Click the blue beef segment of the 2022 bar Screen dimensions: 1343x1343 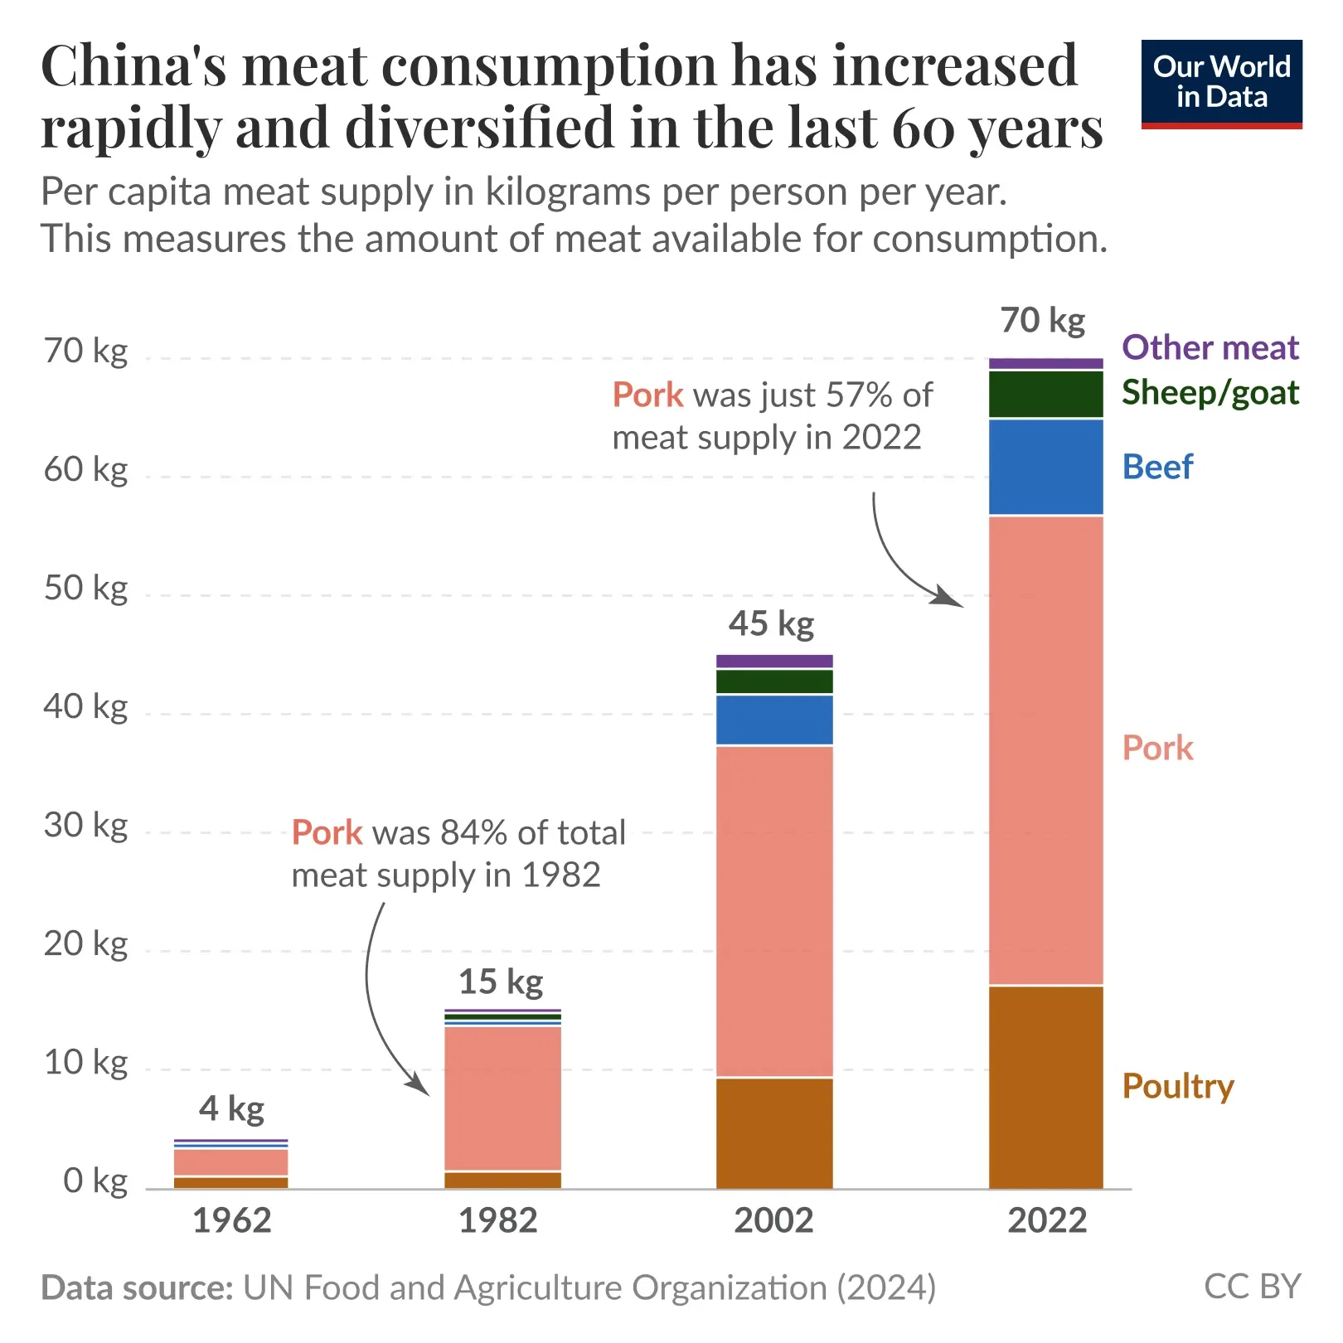[1045, 467]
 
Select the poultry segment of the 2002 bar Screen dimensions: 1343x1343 [773, 1132]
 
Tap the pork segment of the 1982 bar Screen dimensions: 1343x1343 [502, 1098]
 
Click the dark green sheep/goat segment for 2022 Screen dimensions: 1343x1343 [1045, 395]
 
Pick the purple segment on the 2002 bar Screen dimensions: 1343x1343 [773, 661]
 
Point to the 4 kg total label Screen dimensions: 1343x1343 [231, 1108]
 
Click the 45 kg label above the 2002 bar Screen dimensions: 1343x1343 [771, 623]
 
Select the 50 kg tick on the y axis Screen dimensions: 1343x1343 [86, 589]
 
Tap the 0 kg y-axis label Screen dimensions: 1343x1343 [95, 1181]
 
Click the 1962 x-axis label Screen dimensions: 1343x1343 [232, 1220]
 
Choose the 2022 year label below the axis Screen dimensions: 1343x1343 [1047, 1220]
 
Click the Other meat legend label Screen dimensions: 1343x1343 [1210, 347]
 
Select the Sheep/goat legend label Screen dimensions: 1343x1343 [1210, 392]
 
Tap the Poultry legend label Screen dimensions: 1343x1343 [1177, 1086]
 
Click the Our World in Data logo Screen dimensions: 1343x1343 [1221, 83]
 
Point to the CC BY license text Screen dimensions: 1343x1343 [1252, 1287]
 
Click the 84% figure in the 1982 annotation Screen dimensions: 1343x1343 [470, 832]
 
